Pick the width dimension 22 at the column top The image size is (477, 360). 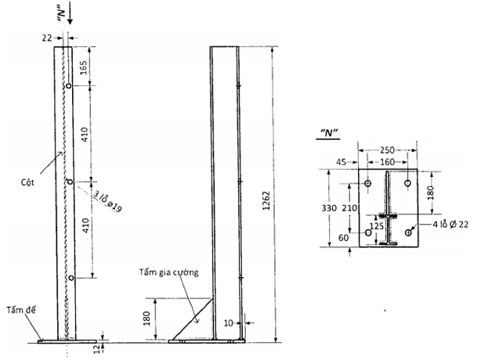coord(46,37)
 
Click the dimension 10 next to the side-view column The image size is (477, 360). coord(228,322)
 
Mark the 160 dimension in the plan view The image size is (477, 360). coord(388,163)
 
